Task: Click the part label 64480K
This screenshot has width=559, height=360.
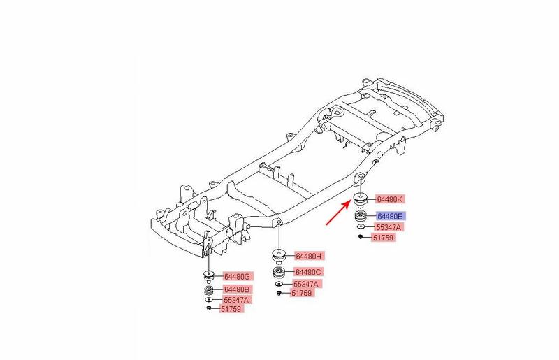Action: point(390,199)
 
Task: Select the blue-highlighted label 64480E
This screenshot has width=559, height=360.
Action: point(391,216)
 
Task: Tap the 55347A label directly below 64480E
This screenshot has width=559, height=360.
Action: point(389,227)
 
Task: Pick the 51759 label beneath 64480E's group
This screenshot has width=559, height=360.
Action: point(383,237)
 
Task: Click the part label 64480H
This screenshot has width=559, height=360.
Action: point(309,256)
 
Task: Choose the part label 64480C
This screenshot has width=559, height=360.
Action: point(308,272)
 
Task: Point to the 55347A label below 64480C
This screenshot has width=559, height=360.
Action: point(306,284)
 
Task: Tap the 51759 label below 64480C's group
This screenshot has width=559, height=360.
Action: point(302,293)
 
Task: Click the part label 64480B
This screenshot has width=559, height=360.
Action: point(237,289)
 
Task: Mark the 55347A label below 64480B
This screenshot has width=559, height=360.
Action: point(237,300)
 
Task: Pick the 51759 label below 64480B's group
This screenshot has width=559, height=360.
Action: point(231,309)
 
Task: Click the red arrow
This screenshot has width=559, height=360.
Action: point(338,213)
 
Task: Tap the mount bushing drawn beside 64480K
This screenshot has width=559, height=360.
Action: point(361,201)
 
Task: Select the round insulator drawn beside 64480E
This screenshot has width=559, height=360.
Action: point(361,216)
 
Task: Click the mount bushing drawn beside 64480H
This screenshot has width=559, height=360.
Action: point(279,256)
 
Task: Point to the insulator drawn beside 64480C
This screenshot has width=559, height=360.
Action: point(279,272)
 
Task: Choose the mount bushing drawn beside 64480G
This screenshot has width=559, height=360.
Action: point(208,276)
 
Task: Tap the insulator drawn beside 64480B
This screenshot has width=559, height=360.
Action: point(209,289)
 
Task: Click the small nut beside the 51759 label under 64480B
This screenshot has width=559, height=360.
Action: point(209,309)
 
